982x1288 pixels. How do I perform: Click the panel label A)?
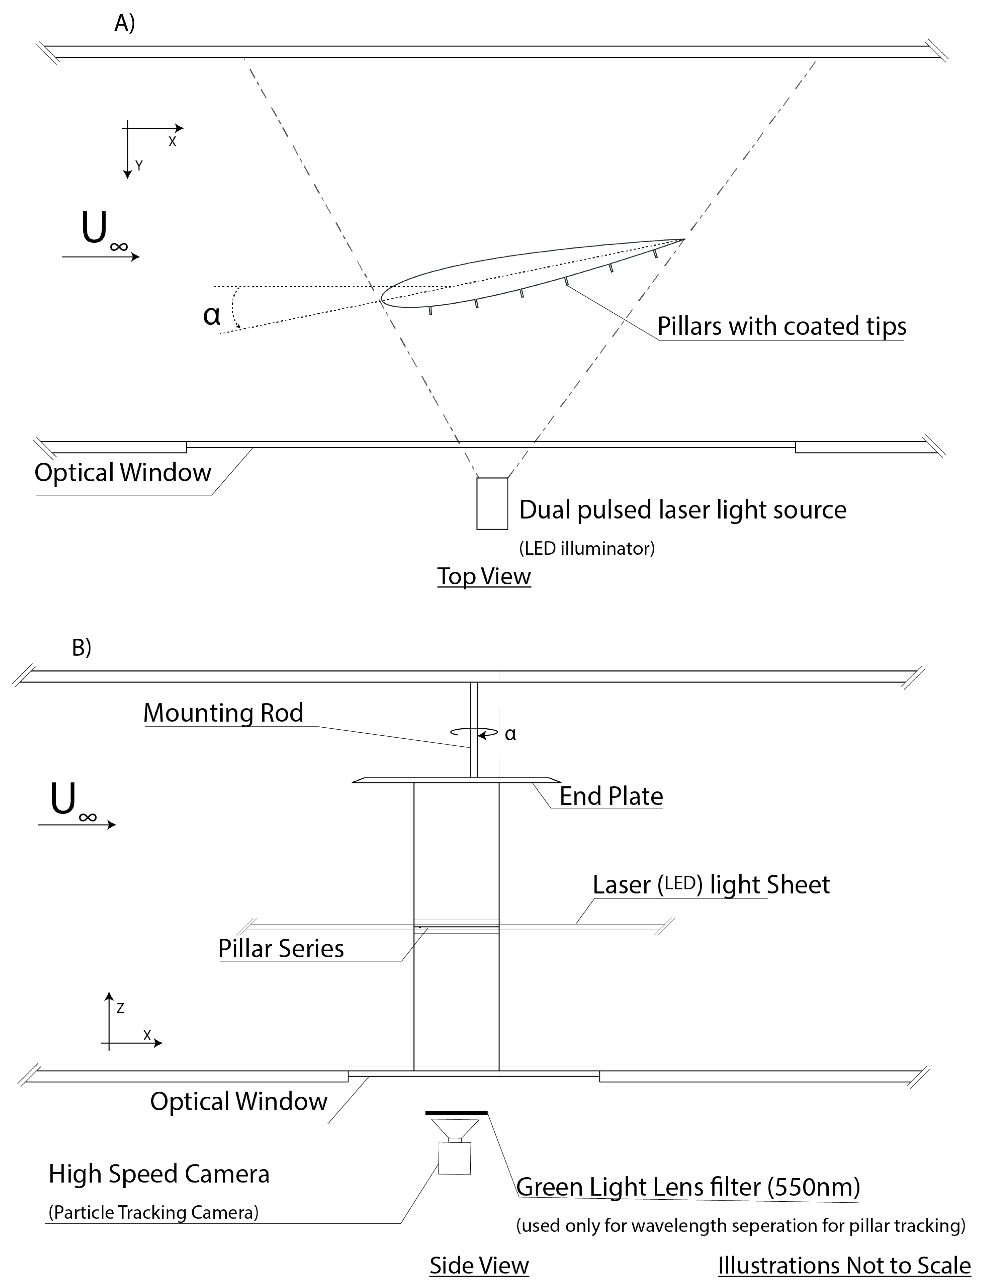(125, 23)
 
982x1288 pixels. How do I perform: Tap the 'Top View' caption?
(484, 576)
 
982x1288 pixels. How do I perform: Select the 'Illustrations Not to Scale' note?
(844, 1265)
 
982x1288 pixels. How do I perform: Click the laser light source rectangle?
(492, 503)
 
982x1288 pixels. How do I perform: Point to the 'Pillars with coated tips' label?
(782, 326)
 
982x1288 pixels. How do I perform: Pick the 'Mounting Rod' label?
(223, 713)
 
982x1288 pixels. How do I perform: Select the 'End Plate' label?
(611, 796)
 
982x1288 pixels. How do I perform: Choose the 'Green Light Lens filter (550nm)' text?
(688, 1187)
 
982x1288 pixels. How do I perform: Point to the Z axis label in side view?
(120, 1008)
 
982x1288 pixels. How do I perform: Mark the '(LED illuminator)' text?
(587, 548)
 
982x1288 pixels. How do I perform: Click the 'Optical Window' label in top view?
(123, 473)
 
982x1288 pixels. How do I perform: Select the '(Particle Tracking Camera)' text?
(153, 1212)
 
